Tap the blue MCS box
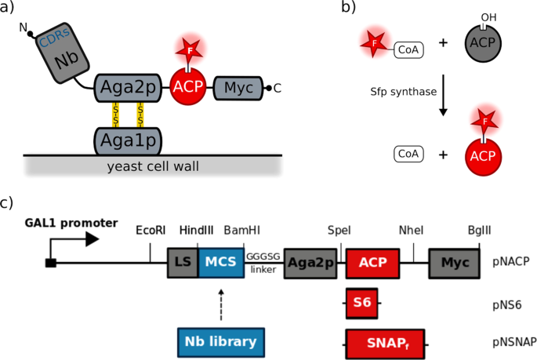221,262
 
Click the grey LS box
182,262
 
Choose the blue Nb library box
221,341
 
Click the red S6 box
362,302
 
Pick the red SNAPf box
385,342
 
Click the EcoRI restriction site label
150,229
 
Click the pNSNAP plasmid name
513,342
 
